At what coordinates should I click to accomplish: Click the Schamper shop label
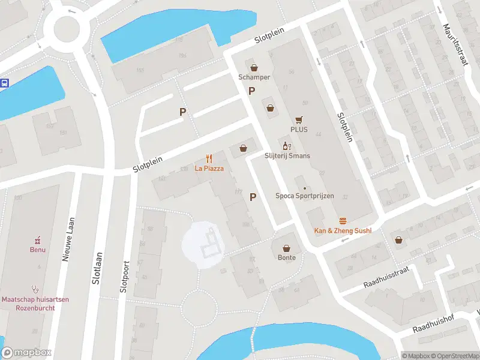pyautogui.click(x=254, y=77)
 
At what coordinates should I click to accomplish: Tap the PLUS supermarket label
pyautogui.click(x=299, y=129)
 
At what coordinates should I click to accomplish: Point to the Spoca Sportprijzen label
pyautogui.click(x=304, y=196)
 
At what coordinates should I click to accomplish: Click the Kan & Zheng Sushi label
pyautogui.click(x=343, y=230)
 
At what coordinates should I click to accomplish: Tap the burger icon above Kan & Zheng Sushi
pyautogui.click(x=343, y=221)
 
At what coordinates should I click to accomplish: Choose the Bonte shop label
pyautogui.click(x=286, y=257)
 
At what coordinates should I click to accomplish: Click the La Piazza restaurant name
pyautogui.click(x=209, y=169)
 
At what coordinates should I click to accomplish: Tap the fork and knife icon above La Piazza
pyautogui.click(x=209, y=159)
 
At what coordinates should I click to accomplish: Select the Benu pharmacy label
pyautogui.click(x=38, y=250)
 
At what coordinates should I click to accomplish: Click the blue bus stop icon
pyautogui.click(x=4, y=83)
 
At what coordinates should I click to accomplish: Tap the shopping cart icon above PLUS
pyautogui.click(x=299, y=119)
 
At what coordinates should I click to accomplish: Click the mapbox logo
pyautogui.click(x=26, y=353)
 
